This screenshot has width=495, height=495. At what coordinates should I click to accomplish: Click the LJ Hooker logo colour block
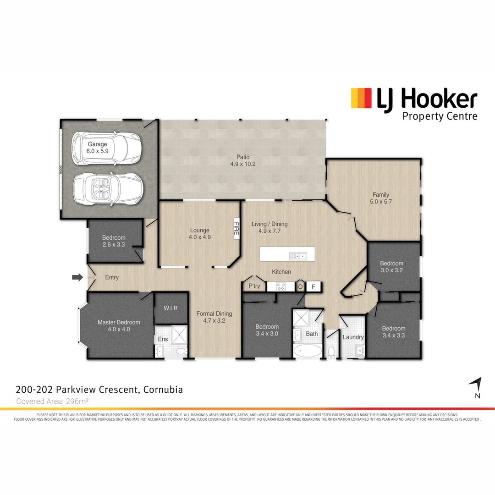point(361,98)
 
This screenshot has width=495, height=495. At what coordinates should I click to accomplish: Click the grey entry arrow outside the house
point(77,277)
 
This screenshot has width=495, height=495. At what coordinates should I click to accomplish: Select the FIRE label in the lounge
point(236,228)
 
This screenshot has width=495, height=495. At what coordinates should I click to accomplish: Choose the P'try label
point(254,286)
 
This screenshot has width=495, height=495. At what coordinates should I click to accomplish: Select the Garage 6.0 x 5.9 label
point(97,147)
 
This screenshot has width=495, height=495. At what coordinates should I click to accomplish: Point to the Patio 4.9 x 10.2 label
point(243,160)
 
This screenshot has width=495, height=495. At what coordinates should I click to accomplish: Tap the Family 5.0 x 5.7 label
point(381,198)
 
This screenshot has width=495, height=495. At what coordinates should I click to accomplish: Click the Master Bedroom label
point(119,325)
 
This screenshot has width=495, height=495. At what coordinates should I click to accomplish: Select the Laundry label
point(353,337)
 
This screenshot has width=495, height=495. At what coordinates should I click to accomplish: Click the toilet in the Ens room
point(181,351)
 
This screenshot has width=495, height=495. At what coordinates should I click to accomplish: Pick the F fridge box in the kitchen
point(313,286)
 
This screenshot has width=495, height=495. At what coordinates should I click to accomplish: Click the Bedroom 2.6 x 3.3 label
point(114,241)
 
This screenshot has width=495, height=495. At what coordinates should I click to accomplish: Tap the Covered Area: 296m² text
point(52,401)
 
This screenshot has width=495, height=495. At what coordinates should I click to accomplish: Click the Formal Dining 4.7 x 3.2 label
point(214,317)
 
